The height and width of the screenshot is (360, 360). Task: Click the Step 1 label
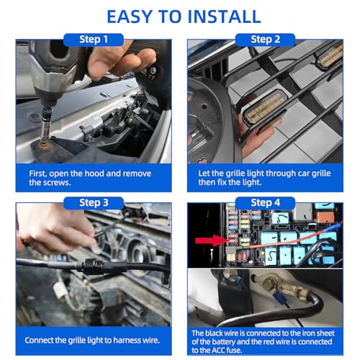[94, 40]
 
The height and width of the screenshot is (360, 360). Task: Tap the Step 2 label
[265, 40]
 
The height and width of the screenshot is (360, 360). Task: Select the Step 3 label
[94, 203]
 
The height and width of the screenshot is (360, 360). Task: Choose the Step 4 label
[265, 203]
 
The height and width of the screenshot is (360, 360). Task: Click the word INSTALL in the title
[224, 17]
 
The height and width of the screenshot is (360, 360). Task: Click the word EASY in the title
[129, 17]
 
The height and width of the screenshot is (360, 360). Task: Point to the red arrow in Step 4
[212, 240]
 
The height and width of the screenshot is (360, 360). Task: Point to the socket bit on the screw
[46, 127]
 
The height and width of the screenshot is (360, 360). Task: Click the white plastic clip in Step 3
[59, 290]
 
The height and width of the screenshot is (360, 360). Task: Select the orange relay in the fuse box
[325, 217]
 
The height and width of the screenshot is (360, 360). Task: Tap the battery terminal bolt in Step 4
[270, 284]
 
